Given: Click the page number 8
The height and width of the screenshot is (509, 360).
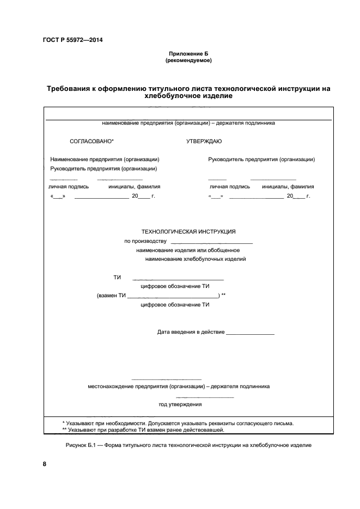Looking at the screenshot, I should click(x=45, y=464).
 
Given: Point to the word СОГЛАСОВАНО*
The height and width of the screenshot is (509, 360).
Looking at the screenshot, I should click(x=91, y=141).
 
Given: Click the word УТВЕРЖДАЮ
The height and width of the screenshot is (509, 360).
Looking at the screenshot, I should click(x=204, y=141).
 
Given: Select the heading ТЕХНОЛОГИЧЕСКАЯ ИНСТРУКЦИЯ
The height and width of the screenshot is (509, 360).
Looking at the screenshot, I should click(x=188, y=231).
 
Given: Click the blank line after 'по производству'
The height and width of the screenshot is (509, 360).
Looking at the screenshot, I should click(x=211, y=241).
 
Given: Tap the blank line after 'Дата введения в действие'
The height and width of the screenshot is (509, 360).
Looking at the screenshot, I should click(x=250, y=332).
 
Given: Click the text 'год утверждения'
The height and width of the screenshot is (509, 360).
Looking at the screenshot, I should click(x=180, y=404).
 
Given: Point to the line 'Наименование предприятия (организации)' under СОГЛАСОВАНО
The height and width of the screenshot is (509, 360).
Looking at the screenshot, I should click(x=105, y=160).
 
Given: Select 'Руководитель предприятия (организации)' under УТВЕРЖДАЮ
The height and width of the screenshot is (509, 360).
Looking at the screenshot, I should click(x=261, y=160).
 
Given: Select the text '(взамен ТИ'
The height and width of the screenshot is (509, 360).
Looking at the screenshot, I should click(x=111, y=296).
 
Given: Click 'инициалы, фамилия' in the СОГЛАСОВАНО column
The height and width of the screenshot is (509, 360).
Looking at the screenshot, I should click(x=134, y=186).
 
